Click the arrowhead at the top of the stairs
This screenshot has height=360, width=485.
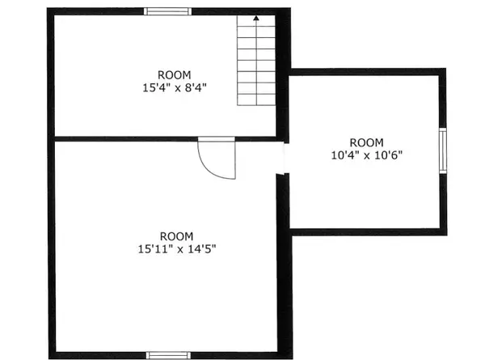point(256,19)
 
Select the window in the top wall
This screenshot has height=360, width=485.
point(167,11)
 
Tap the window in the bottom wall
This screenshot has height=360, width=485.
point(168,355)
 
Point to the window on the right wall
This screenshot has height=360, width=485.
point(443,150)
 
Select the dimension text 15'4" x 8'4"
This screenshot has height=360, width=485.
point(175,88)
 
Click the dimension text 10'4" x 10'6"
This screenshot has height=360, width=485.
point(367,155)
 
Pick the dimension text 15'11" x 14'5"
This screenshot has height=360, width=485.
point(176,249)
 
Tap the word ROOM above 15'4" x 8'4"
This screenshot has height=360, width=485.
point(175,75)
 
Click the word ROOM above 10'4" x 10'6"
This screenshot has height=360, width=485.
point(366,142)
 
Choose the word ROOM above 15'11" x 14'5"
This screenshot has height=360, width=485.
point(176,236)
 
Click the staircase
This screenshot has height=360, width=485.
point(256,61)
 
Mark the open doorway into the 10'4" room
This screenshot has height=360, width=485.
point(284,159)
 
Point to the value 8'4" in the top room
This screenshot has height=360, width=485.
point(196,88)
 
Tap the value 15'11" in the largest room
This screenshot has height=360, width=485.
point(155,249)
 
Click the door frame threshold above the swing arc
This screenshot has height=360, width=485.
point(217,139)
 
